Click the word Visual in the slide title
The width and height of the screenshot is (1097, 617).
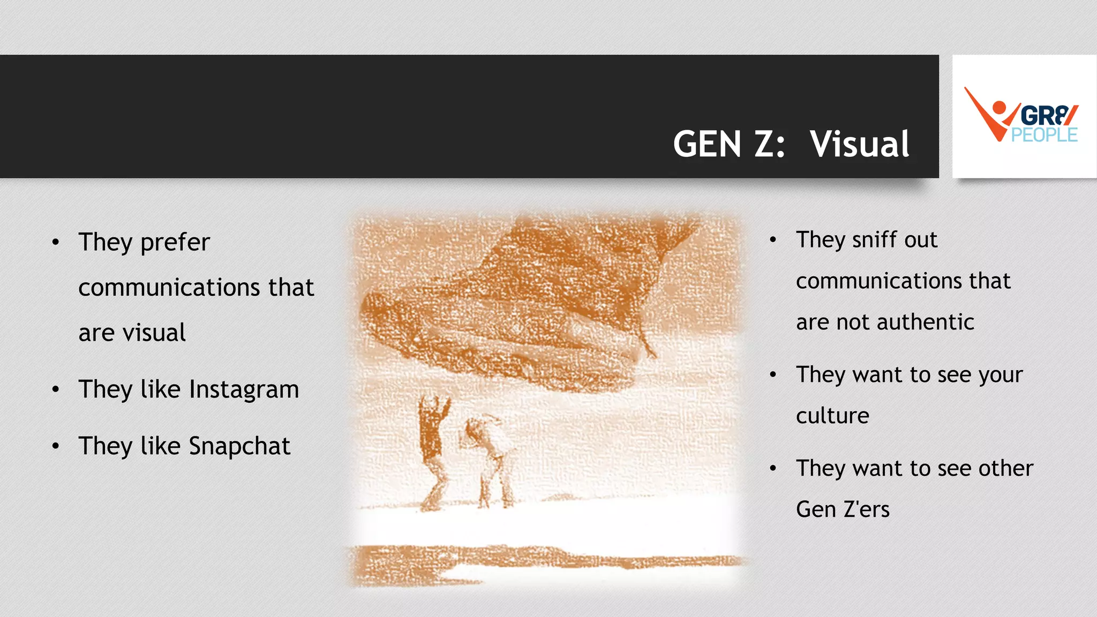pyautogui.click(x=859, y=144)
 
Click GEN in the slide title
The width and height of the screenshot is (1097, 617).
pyautogui.click(x=707, y=144)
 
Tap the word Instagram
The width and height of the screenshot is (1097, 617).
pyautogui.click(x=244, y=389)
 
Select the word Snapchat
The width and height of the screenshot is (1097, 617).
pyautogui.click(x=239, y=446)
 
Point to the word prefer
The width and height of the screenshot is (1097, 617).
pyautogui.click(x=175, y=243)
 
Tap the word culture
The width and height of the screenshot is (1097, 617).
pyautogui.click(x=832, y=416)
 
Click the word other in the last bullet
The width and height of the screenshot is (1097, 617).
pyautogui.click(x=1005, y=468)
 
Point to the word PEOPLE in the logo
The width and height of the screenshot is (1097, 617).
pyautogui.click(x=1044, y=135)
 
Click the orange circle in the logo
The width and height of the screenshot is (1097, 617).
pyautogui.click(x=999, y=107)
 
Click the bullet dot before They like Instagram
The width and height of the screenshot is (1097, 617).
pyautogui.click(x=56, y=389)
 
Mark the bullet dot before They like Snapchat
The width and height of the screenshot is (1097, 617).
pyautogui.click(x=56, y=446)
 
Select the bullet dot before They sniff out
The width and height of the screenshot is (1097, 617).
pyautogui.click(x=773, y=240)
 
